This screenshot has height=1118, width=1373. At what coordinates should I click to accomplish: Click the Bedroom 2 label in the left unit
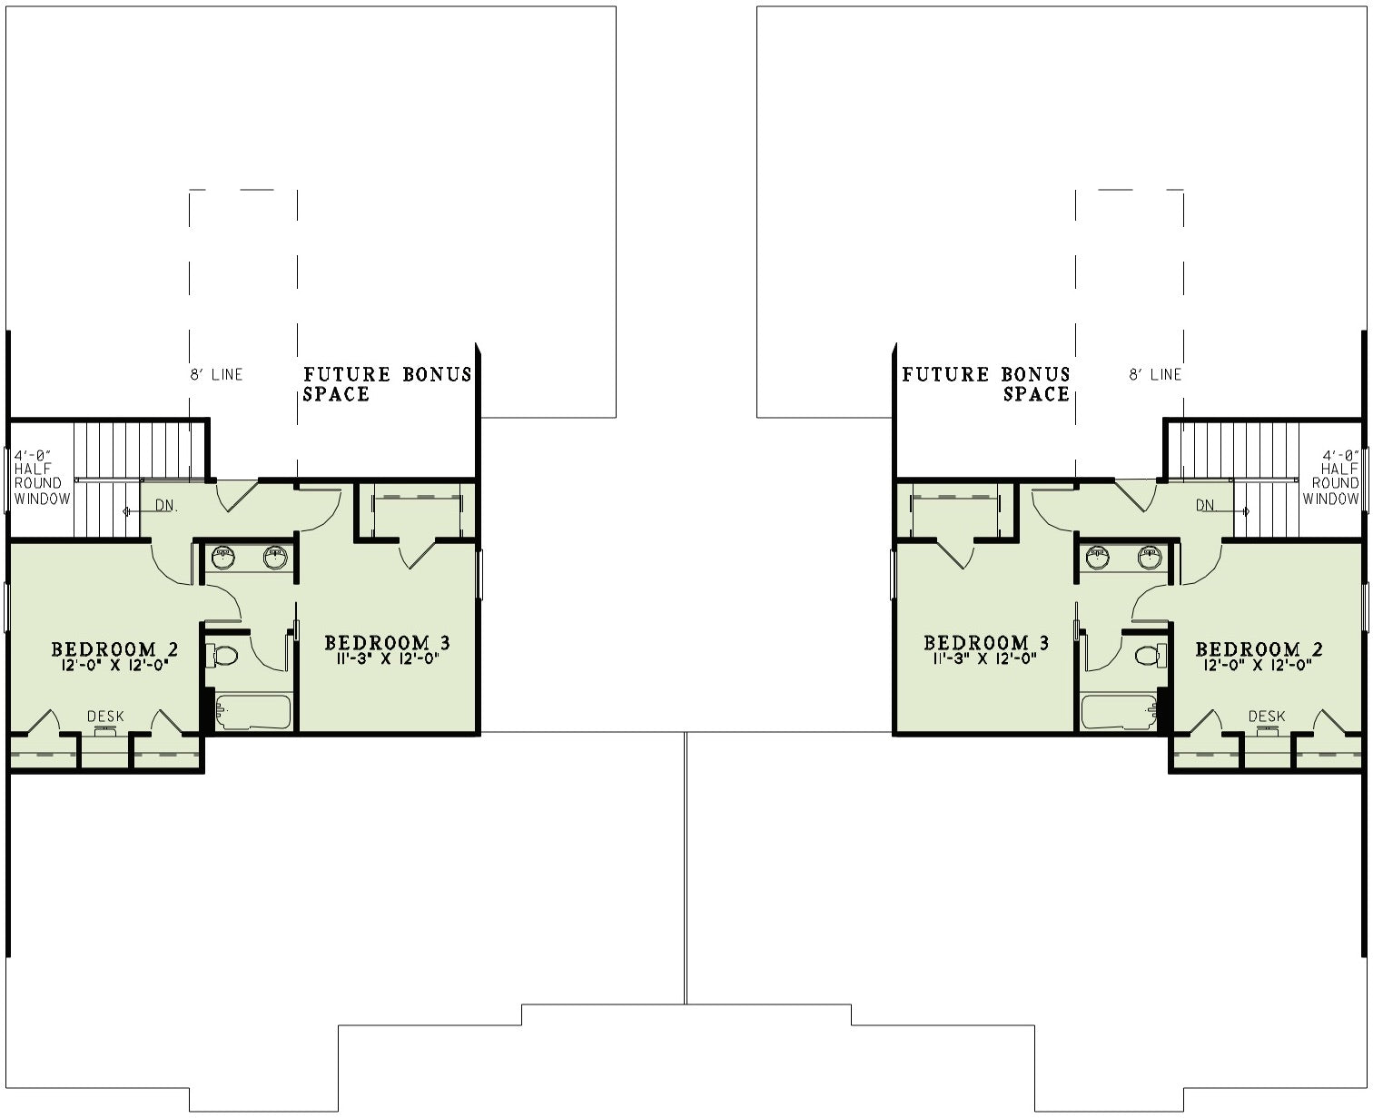pyautogui.click(x=114, y=648)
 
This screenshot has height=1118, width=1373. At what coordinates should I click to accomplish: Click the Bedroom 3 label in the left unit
pyautogui.click(x=387, y=643)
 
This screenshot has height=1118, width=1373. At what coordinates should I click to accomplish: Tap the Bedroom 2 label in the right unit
pyautogui.click(x=1259, y=648)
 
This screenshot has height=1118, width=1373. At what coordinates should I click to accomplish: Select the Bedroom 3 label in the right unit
pyautogui.click(x=986, y=643)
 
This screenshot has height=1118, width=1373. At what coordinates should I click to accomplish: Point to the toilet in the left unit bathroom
pyautogui.click(x=222, y=657)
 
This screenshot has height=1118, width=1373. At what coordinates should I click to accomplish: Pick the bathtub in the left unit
pyautogui.click(x=252, y=712)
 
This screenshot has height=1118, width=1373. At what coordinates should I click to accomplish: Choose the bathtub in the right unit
pyautogui.click(x=1120, y=712)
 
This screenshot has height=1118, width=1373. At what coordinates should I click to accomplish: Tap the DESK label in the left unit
pyautogui.click(x=105, y=717)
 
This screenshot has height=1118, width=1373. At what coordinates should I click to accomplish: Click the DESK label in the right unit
pyautogui.click(x=1267, y=717)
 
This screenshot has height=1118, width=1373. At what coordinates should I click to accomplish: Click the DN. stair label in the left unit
pyautogui.click(x=166, y=506)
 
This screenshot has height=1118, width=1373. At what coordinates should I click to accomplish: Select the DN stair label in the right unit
pyautogui.click(x=1205, y=506)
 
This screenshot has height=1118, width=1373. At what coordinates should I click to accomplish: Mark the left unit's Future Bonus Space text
pyautogui.click(x=388, y=384)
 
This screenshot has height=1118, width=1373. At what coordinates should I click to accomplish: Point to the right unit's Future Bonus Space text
pyautogui.click(x=985, y=384)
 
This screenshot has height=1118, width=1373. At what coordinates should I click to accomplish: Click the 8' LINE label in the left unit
pyautogui.click(x=217, y=374)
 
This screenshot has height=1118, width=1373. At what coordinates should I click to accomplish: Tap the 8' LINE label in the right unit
pyautogui.click(x=1155, y=374)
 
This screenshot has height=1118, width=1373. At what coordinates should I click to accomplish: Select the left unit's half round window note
pyautogui.click(x=42, y=477)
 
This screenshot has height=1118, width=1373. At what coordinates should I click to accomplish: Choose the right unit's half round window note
pyautogui.click(x=1330, y=477)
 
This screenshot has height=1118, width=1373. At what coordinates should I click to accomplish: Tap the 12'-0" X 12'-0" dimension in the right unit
pyautogui.click(x=1259, y=665)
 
